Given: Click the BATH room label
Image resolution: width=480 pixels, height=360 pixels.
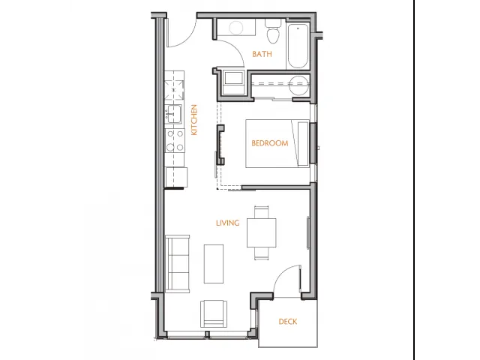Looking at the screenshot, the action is tap(262, 54).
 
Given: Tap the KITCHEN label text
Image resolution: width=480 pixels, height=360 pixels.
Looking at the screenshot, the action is tap(194, 120).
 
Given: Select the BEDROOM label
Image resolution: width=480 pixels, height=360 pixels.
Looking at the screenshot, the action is tap(270, 143).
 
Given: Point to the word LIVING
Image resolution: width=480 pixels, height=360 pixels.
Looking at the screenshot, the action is tap(228, 223).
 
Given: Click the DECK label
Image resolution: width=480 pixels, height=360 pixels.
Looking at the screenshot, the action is tap(288, 322).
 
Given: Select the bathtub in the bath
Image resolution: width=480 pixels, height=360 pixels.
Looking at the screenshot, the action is tap(298, 45).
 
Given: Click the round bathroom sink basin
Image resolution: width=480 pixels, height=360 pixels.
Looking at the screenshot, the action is tap(236, 28).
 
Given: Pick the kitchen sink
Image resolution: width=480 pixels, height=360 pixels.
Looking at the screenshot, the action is tap(174, 114).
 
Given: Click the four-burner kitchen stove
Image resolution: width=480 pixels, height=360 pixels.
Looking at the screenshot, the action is tap(175, 140).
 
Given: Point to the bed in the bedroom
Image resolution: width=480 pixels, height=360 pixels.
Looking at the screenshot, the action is tap(277, 143).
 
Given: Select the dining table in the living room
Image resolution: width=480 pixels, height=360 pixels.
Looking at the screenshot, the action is tap(262, 232).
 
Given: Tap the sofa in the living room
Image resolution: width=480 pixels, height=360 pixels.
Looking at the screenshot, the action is tap(177, 264).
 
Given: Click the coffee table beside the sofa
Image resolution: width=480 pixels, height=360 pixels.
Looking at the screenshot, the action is tap(214, 263).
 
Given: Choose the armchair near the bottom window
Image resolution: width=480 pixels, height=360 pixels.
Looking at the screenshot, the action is tap(214, 314).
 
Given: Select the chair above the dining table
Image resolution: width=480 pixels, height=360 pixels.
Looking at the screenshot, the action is tap(262, 211).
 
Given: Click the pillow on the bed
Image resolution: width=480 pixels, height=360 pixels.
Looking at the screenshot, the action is tap(303, 144).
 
